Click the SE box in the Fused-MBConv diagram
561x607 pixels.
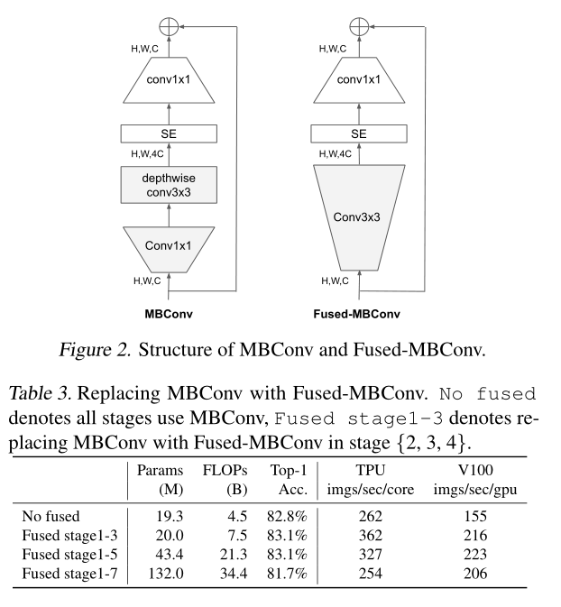pyautogui.click(x=359, y=133)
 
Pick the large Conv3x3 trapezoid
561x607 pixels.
pyautogui.click(x=359, y=217)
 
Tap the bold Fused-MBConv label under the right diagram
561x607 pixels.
pyautogui.click(x=359, y=316)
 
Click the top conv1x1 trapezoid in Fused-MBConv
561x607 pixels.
pyautogui.click(x=359, y=81)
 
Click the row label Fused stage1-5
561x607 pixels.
pyautogui.click(x=68, y=553)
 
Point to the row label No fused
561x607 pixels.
pyautogui.click(x=52, y=517)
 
